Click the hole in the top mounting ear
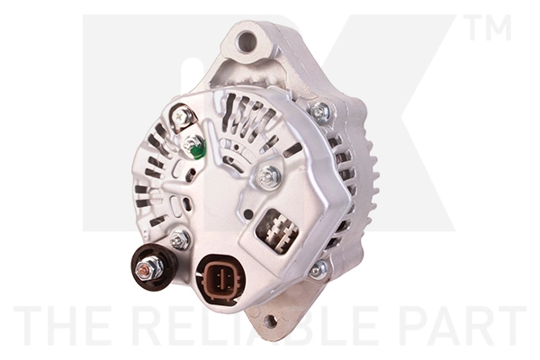245,40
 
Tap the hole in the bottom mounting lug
270,320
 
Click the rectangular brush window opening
277,229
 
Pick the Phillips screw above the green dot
183,116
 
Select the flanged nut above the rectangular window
268,177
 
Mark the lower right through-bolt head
317,269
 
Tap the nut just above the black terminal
179,238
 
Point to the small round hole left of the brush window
244,215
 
